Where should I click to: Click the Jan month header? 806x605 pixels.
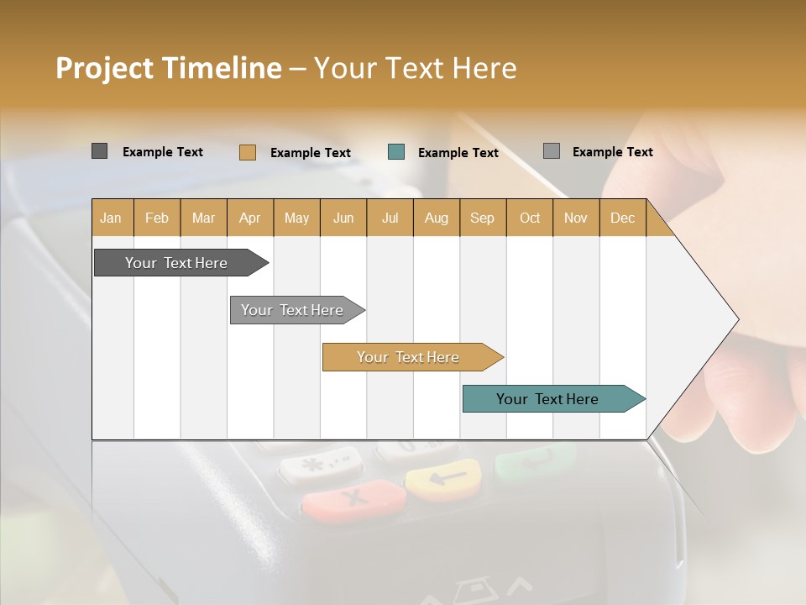point(112,218)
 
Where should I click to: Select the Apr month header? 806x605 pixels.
point(250,218)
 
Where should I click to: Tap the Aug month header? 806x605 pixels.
point(436,218)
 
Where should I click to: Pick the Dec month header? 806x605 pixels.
point(622,218)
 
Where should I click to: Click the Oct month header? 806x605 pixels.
point(530,218)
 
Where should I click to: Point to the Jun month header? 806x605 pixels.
point(343,218)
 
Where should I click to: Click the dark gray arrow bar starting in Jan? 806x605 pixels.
point(177,263)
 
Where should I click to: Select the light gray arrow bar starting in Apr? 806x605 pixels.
point(293,310)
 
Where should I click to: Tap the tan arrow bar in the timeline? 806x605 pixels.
point(409,357)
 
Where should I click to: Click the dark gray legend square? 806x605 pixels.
point(99,151)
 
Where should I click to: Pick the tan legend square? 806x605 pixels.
point(247,152)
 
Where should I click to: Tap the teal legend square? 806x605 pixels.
point(396,152)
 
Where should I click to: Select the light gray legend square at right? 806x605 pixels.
point(551,151)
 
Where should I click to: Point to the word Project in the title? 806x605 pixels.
point(104,68)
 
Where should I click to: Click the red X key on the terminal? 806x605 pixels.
point(354,500)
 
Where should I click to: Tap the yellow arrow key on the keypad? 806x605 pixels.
point(443,479)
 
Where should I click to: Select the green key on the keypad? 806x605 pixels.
point(536,460)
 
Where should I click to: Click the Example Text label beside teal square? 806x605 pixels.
point(458,152)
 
